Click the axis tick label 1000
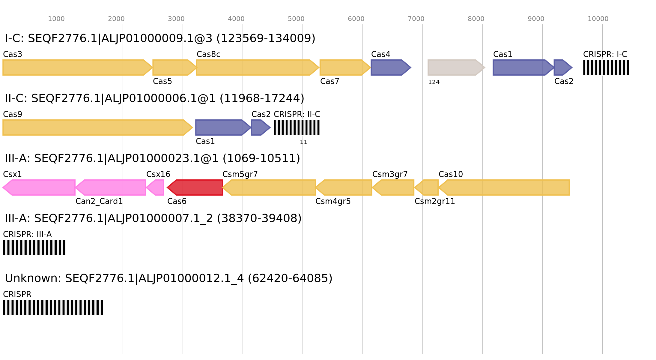tap(56, 19)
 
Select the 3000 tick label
tap(176, 19)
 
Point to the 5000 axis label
tap(296, 19)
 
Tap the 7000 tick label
tap(416, 19)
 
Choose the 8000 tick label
tap(476, 19)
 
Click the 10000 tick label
tap(598, 19)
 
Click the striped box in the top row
tap(606, 67)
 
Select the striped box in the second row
tap(297, 127)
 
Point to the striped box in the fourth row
tap(34, 247)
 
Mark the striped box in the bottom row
tap(53, 307)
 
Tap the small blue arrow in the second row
tap(260, 127)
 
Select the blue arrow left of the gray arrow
tap(390, 67)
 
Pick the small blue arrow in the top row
tap(562, 67)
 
